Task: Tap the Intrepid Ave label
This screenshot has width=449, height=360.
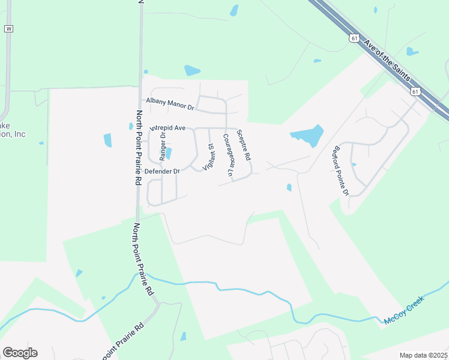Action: (x=168, y=128)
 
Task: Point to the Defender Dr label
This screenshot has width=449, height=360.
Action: (x=163, y=171)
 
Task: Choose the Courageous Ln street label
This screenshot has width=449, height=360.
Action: (x=228, y=154)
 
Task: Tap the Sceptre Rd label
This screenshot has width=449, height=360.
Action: (x=243, y=145)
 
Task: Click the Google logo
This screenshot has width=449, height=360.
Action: (x=20, y=353)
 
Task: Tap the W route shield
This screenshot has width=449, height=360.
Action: (x=8, y=29)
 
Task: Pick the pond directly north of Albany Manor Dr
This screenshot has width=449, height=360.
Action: (x=192, y=70)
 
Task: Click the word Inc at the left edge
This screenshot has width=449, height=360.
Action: (x=20, y=134)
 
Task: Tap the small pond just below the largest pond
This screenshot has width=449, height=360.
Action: (x=289, y=188)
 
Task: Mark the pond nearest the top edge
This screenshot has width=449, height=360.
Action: (x=234, y=10)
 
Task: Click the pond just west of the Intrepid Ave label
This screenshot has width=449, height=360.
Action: (x=131, y=126)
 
